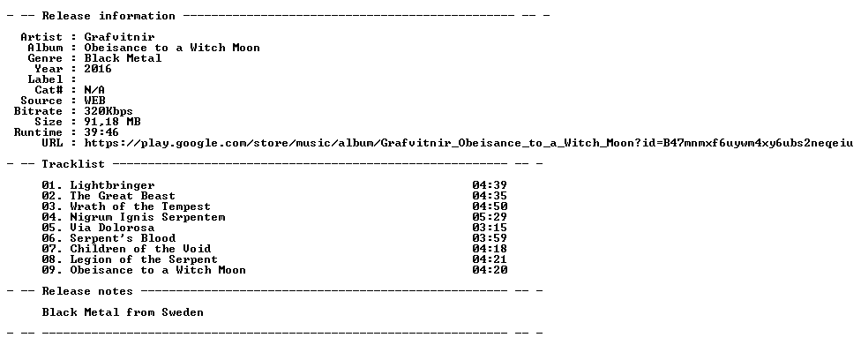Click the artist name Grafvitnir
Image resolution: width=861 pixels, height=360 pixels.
coord(119,37)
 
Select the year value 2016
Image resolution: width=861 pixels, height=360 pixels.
coord(98,69)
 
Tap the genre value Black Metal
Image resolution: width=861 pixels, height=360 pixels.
coord(123,58)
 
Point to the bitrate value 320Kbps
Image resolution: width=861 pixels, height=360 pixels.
coord(109,111)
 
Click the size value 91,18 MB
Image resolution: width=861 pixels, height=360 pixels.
coord(112,122)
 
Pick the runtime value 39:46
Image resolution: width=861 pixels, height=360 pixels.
coord(101,132)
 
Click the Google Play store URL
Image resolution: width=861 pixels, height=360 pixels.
coord(468,144)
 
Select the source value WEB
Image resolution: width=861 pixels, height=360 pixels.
coord(94,101)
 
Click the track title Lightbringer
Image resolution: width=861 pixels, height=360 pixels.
coord(112,186)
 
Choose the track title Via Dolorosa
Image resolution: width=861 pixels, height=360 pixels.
coord(112,228)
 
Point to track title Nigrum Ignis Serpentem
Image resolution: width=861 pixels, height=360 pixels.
coord(147,217)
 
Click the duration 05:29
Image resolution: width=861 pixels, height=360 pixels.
coord(490,217)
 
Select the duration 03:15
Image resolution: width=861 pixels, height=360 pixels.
coord(490,228)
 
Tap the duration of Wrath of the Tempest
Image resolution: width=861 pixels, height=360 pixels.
coord(490,206)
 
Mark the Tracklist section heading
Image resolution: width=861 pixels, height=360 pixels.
coord(73,164)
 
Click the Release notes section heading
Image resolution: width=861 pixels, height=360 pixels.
coord(87,291)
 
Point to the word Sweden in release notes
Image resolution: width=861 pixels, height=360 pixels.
coord(183,312)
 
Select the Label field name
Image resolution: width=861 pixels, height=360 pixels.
coord(45,79)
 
